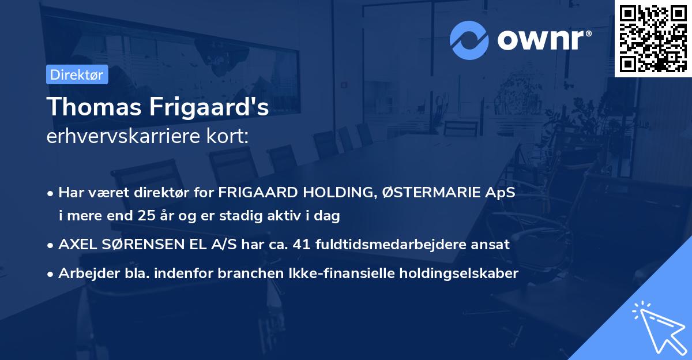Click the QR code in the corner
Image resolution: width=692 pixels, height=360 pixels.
(x=653, y=39)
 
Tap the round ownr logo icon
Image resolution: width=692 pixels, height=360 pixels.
(x=469, y=40)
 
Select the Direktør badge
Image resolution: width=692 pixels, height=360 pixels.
(x=77, y=74)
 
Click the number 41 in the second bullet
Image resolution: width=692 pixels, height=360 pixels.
(x=304, y=244)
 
